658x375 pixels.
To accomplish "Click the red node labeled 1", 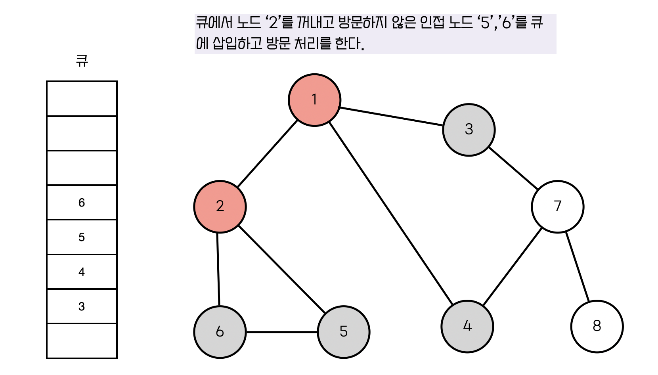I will pyautogui.click(x=314, y=100).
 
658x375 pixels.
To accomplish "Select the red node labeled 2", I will pyautogui.click(x=220, y=207).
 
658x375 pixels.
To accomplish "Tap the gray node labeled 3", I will pyautogui.click(x=469, y=130).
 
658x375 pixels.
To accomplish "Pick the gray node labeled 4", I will pyautogui.click(x=467, y=326).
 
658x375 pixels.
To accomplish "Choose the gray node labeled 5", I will pyautogui.click(x=343, y=332).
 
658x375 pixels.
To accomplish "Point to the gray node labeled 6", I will pyautogui.click(x=220, y=332).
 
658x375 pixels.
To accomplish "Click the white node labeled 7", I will pyautogui.click(x=557, y=207).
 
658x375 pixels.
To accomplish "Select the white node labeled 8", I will pyautogui.click(x=597, y=326).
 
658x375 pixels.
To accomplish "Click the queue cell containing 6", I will pyautogui.click(x=82, y=203).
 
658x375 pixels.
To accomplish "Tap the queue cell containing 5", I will pyautogui.click(x=82, y=237).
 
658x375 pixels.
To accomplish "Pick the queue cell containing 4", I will pyautogui.click(x=82, y=272).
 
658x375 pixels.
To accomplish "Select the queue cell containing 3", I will pyautogui.click(x=82, y=306).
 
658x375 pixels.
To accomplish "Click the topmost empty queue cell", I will pyautogui.click(x=82, y=99).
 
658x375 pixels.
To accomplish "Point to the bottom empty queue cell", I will pyautogui.click(x=82, y=341).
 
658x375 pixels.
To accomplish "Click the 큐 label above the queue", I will pyautogui.click(x=82, y=61).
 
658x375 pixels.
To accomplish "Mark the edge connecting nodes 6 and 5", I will pyautogui.click(x=281, y=332).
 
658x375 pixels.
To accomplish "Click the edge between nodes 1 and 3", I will pyautogui.click(x=391, y=117).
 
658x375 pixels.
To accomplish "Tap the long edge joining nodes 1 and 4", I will pyautogui.click(x=391, y=213).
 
